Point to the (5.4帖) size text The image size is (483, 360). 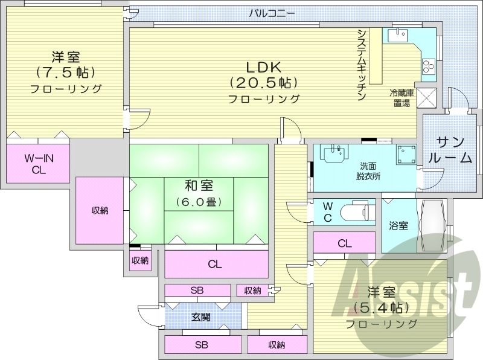[382, 307]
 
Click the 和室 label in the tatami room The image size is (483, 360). [199, 185]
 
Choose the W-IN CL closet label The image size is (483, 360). [39, 164]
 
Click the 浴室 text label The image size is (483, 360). [398, 226]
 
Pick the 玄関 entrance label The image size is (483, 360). [201, 317]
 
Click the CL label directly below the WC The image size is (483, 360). [345, 243]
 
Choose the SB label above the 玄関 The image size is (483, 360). [197, 291]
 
